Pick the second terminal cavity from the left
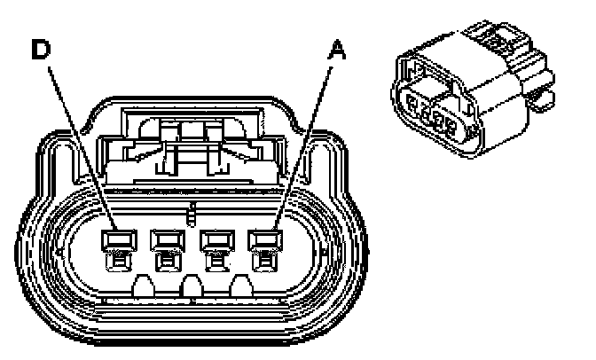[x=165, y=239]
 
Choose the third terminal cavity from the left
[x=213, y=239]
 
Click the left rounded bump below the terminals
[x=142, y=286]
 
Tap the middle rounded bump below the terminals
[x=190, y=286]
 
